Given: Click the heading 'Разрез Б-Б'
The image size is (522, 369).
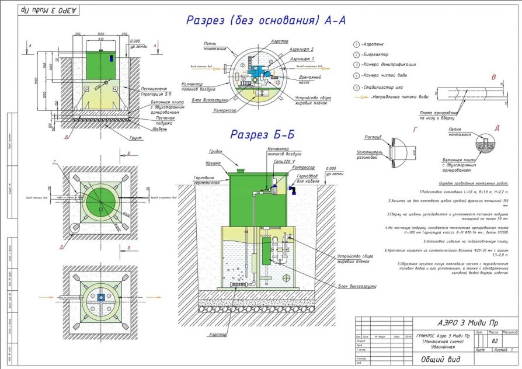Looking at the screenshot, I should tap(261, 134).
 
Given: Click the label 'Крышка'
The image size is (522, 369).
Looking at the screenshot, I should tap(213, 164).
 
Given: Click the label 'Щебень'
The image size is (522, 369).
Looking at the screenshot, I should tap(160, 128).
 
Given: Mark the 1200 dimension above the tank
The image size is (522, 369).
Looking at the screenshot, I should tap(100, 34).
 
